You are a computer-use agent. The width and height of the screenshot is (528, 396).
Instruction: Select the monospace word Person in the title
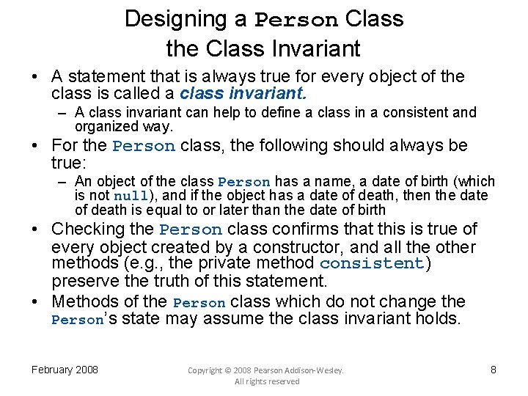[x=296, y=20]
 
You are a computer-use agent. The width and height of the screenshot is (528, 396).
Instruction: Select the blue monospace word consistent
[x=372, y=263]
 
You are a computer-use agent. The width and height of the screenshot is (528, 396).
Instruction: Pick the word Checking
[x=103, y=230]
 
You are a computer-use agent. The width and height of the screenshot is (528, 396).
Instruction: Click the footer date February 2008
[x=65, y=370]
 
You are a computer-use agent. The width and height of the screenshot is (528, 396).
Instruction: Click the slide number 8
[x=494, y=370]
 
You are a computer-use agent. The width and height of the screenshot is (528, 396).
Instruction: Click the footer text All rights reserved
[x=267, y=381]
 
